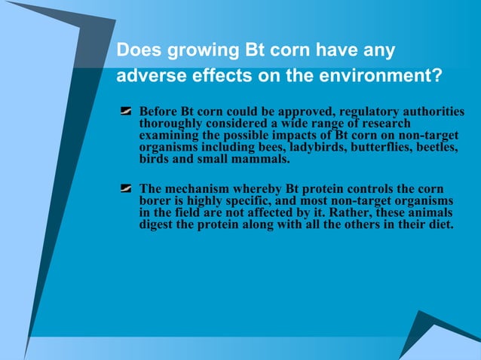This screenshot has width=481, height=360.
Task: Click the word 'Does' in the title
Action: point(135,52)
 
